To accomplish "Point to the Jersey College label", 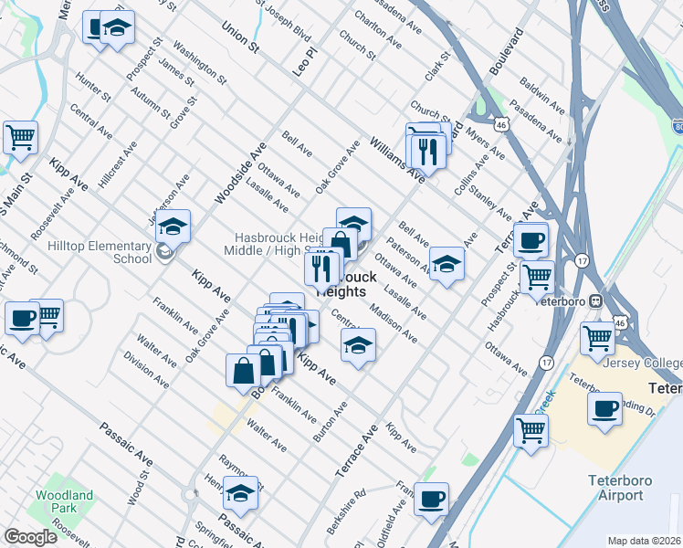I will (643, 363).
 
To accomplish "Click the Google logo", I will (30, 537).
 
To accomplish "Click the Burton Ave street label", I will (330, 422).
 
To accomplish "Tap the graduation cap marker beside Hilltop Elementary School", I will (172, 225).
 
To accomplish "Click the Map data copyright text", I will (644, 541).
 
